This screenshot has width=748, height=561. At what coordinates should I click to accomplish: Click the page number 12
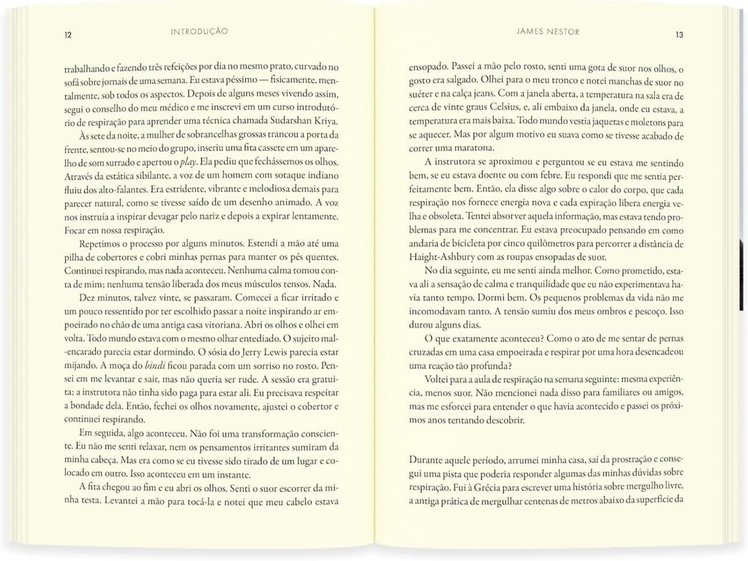pos(68,35)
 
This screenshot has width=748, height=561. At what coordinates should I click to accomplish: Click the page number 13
pos(679,35)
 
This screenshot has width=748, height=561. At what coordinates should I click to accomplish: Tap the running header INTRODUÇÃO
pos(199,31)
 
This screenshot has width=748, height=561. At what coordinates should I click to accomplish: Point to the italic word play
pos(188,162)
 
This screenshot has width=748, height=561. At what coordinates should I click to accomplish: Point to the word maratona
pos(475,148)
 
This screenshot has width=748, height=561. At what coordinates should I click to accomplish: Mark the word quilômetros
pos(546,243)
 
